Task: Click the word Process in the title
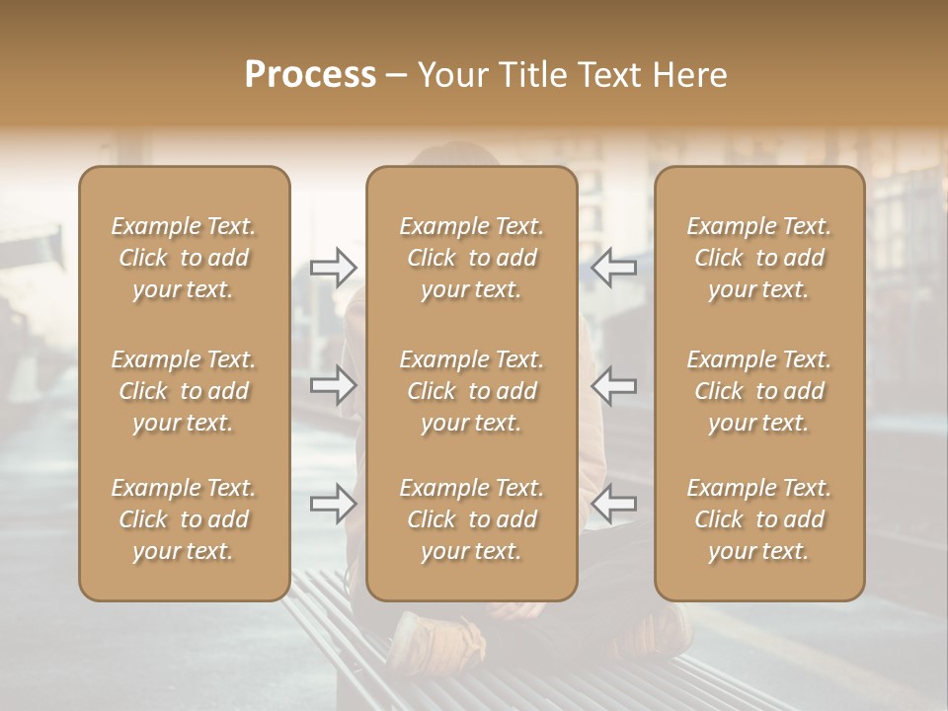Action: pyautogui.click(x=310, y=74)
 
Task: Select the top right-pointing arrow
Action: pyautogui.click(x=334, y=267)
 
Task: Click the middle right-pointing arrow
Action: pyautogui.click(x=334, y=385)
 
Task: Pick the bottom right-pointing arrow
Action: pyautogui.click(x=334, y=504)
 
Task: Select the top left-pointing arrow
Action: pyautogui.click(x=614, y=267)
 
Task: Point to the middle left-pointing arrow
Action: pyautogui.click(x=614, y=385)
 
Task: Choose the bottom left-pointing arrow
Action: pyautogui.click(x=614, y=504)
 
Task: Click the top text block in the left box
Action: pyautogui.click(x=184, y=258)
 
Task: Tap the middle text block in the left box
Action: pyautogui.click(x=184, y=391)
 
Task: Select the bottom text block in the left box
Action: pyautogui.click(x=184, y=519)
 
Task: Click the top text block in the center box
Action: pyautogui.click(x=472, y=258)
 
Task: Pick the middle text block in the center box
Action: pyautogui.click(x=472, y=391)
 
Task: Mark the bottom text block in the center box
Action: pyautogui.click(x=472, y=519)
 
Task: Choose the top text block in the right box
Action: pyautogui.click(x=759, y=258)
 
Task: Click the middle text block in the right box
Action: pyautogui.click(x=759, y=391)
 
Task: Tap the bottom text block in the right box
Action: pyautogui.click(x=759, y=519)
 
